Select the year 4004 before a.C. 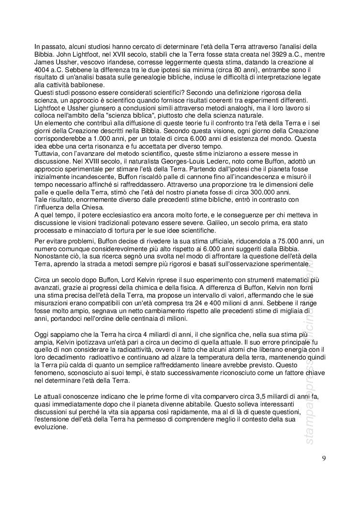coord(43,71)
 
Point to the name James coord(45,63)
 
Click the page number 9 coord(323,459)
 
